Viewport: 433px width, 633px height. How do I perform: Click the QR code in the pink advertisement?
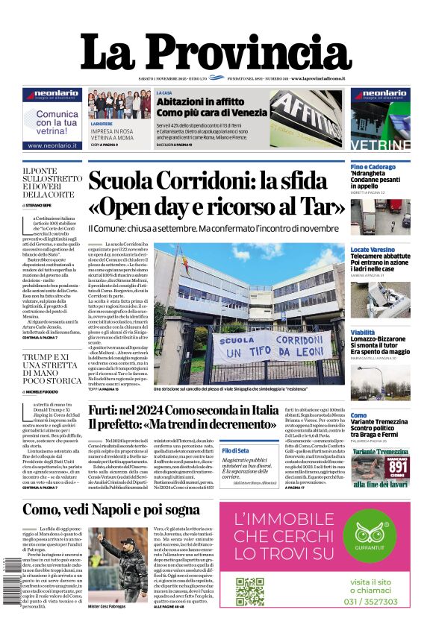pos(250,591)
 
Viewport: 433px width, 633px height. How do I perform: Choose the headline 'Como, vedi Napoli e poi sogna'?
pos(110,509)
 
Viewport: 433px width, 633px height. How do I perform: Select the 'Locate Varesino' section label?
pos(373,249)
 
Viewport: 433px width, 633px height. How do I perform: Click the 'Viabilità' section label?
pos(364,332)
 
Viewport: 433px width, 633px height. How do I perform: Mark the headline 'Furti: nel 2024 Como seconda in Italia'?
pos(183,409)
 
